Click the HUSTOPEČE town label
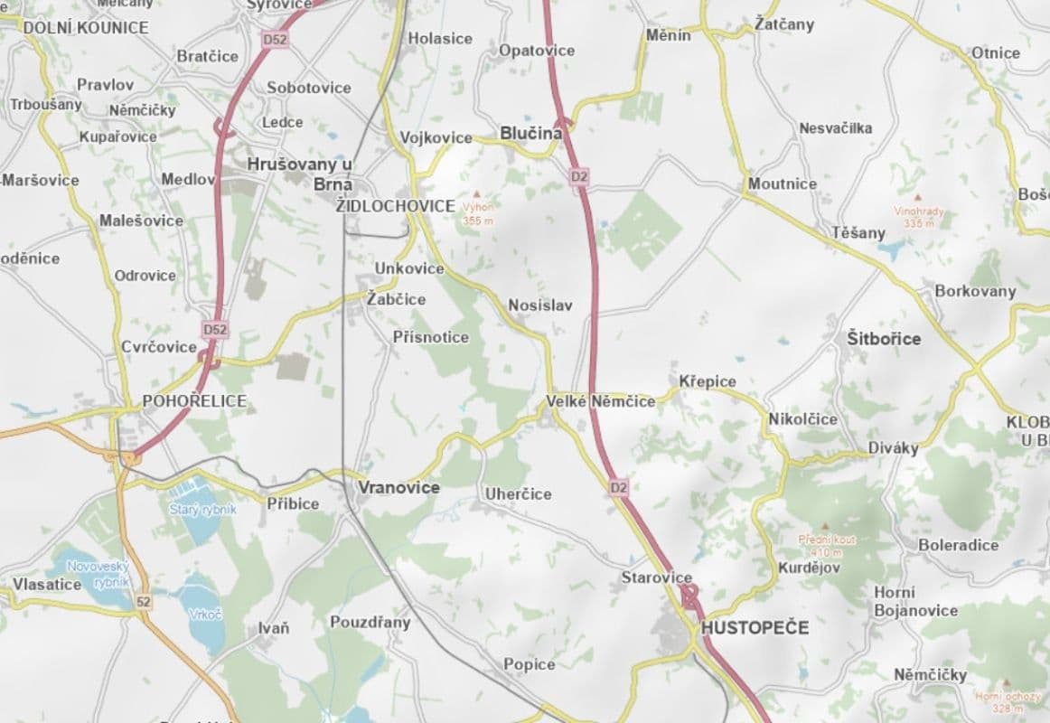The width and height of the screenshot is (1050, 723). coord(755,627)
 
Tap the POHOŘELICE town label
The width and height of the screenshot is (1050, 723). coord(193,401)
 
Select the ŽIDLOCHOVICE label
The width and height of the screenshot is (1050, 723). coord(395,206)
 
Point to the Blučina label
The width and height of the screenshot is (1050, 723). coord(530,134)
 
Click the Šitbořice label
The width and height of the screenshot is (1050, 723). coord(884,339)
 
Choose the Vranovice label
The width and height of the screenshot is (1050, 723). coord(398,487)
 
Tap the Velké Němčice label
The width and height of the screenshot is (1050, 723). coord(600,401)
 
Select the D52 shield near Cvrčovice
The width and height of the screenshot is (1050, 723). coord(215,330)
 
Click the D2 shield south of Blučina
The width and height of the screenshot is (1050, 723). coord(579,178)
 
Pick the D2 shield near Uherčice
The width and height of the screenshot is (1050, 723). coord(617,488)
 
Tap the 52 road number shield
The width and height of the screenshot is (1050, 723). coord(143,601)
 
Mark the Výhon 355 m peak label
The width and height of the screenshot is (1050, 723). coord(477,212)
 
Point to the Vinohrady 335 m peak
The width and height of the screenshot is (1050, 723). coord(919,216)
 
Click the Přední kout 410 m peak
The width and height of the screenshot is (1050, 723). coord(827,545)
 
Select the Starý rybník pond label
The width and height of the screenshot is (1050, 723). coord(202,510)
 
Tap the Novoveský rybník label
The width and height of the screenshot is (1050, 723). coord(99,573)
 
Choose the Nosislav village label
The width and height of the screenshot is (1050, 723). coord(539,305)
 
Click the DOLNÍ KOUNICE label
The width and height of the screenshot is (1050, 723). coord(85,28)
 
